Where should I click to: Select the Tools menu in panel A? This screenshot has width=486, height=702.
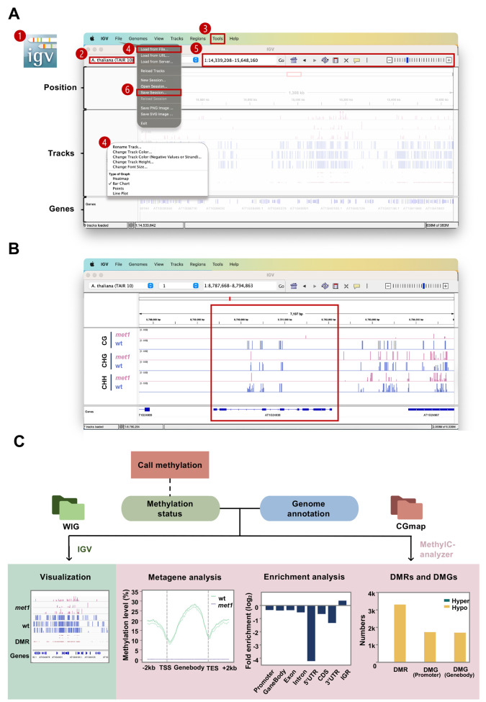click(218, 38)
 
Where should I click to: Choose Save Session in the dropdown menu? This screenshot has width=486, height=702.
click(156, 92)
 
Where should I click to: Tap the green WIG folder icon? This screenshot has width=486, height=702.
click(68, 504)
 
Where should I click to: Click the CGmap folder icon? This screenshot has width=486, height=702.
click(408, 504)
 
